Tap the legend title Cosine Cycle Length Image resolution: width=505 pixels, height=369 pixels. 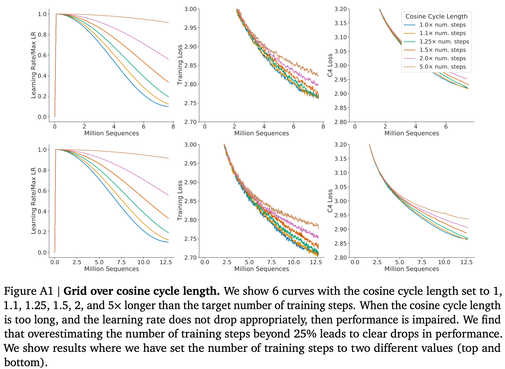pos(436,17)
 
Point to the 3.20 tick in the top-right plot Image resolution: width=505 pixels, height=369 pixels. pos(341,9)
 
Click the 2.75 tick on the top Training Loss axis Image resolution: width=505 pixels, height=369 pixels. pos(190,103)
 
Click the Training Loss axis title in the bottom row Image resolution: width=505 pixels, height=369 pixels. pos(180,200)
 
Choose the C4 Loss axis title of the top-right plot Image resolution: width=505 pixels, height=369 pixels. pos(330,65)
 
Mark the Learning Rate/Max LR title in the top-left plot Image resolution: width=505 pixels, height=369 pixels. pos(33,65)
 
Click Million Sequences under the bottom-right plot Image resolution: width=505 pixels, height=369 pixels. pos(411,269)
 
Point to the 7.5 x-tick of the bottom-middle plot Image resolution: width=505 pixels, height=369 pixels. pos(271,262)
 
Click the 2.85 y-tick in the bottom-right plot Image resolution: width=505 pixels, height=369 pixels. pos(341,243)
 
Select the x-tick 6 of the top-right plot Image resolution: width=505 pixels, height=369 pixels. pos(446,127)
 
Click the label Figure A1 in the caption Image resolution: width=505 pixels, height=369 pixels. pos(28,291)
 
